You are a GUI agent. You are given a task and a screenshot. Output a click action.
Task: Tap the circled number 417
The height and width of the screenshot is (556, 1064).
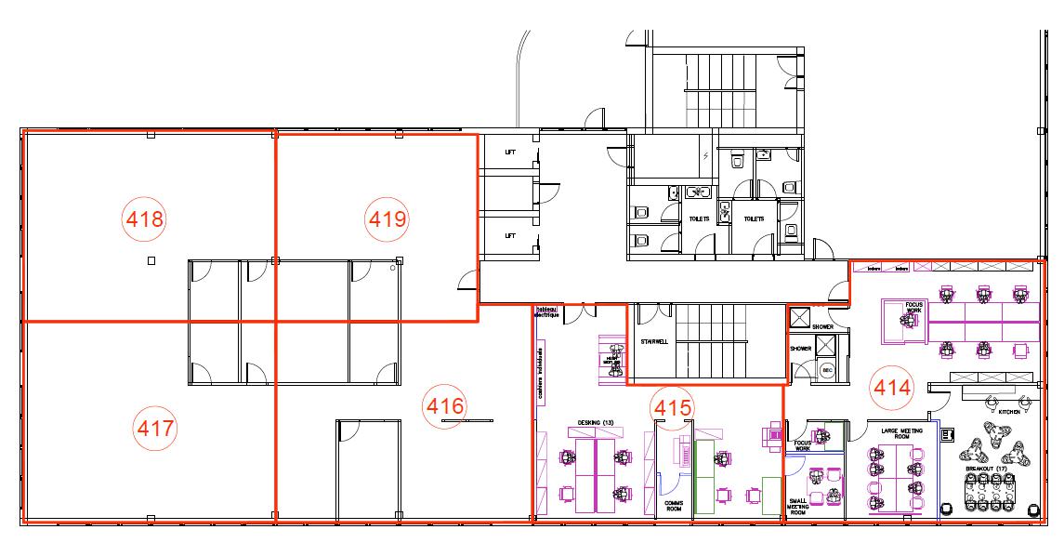pyautogui.click(x=155, y=429)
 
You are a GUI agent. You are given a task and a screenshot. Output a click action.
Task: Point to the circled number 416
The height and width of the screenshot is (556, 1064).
pyautogui.click(x=444, y=405)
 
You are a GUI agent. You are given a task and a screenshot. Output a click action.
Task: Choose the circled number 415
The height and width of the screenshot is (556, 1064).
pyautogui.click(x=674, y=406)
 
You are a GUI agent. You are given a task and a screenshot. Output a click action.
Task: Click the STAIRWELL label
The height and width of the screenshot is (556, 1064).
pyautogui.click(x=655, y=341)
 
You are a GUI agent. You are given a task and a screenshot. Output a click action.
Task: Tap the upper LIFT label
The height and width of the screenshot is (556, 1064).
pyautogui.click(x=510, y=152)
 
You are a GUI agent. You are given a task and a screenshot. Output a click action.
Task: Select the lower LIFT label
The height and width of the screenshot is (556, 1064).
pyautogui.click(x=510, y=235)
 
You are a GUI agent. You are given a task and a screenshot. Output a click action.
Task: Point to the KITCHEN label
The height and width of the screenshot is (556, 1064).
pyautogui.click(x=1010, y=411)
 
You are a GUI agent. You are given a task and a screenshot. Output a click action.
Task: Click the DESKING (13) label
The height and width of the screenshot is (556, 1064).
pyautogui.click(x=596, y=423)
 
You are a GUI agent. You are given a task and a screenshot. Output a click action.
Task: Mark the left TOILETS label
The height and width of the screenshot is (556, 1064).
pyautogui.click(x=699, y=219)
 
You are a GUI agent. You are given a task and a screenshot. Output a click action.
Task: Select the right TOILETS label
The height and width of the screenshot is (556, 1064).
pyautogui.click(x=754, y=219)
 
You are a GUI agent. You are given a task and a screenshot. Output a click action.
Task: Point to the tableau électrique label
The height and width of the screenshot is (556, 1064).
pyautogui.click(x=545, y=311)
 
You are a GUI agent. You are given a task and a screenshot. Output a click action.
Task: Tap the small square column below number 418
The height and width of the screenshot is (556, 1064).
pyautogui.click(x=151, y=261)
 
